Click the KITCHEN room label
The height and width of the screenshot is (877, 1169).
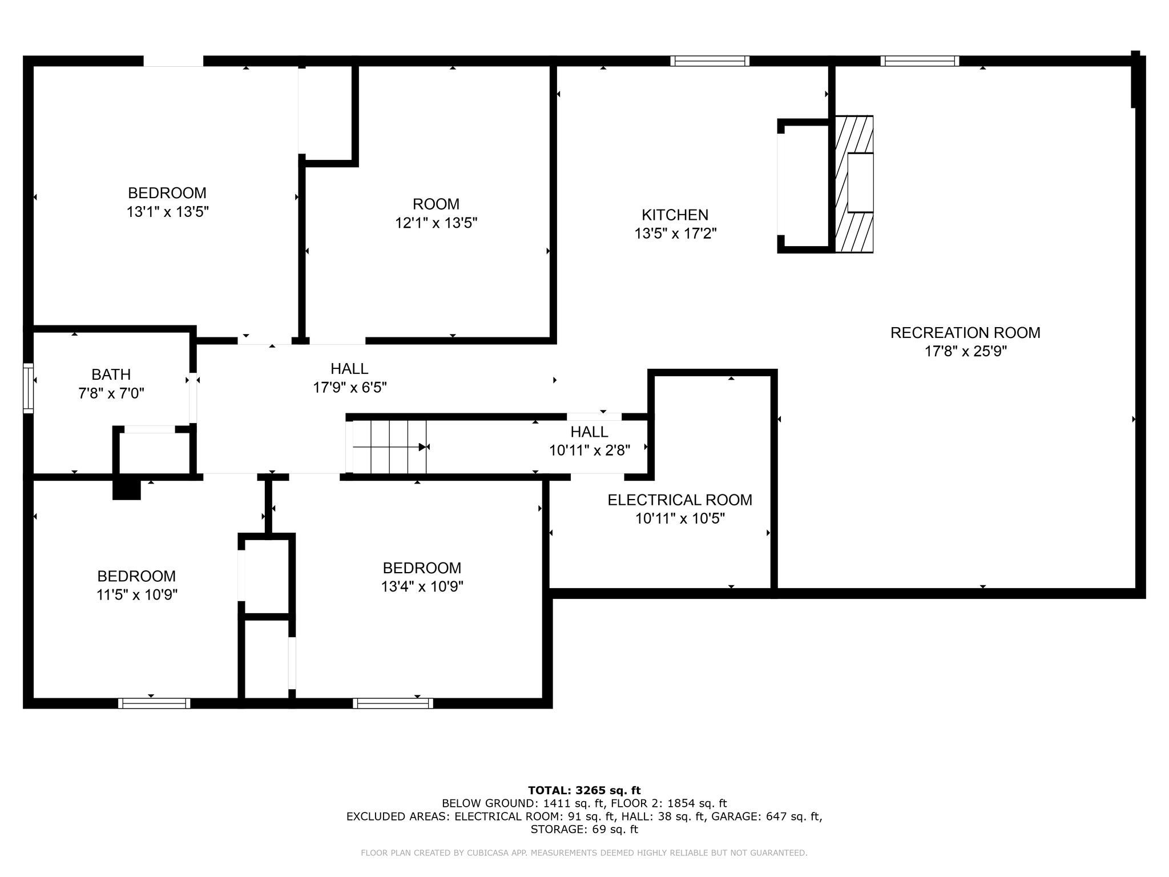click(675, 215)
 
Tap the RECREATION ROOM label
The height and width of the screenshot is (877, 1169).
click(965, 332)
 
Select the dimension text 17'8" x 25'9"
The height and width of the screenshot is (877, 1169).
click(965, 351)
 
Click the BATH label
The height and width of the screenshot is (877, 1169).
click(111, 375)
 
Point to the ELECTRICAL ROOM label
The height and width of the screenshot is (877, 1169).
click(679, 500)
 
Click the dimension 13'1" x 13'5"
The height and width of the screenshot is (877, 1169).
click(167, 212)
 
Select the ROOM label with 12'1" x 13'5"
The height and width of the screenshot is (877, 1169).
click(436, 204)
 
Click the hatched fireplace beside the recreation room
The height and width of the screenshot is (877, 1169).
click(854, 184)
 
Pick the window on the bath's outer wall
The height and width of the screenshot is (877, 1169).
click(28, 388)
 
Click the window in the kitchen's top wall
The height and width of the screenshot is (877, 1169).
click(710, 61)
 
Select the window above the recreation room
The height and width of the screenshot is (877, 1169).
click(919, 61)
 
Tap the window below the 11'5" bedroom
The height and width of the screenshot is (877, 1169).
click(154, 703)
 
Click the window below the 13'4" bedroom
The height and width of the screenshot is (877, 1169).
click(393, 703)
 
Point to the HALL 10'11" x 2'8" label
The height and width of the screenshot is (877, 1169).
click(589, 432)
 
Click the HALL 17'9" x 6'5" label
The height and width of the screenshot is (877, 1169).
click(349, 369)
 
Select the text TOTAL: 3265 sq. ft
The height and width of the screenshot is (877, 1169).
click(584, 790)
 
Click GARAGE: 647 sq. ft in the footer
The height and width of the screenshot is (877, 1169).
click(764, 816)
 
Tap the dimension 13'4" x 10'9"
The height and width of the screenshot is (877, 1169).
click(422, 586)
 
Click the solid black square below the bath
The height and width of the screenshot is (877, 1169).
click(126, 489)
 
